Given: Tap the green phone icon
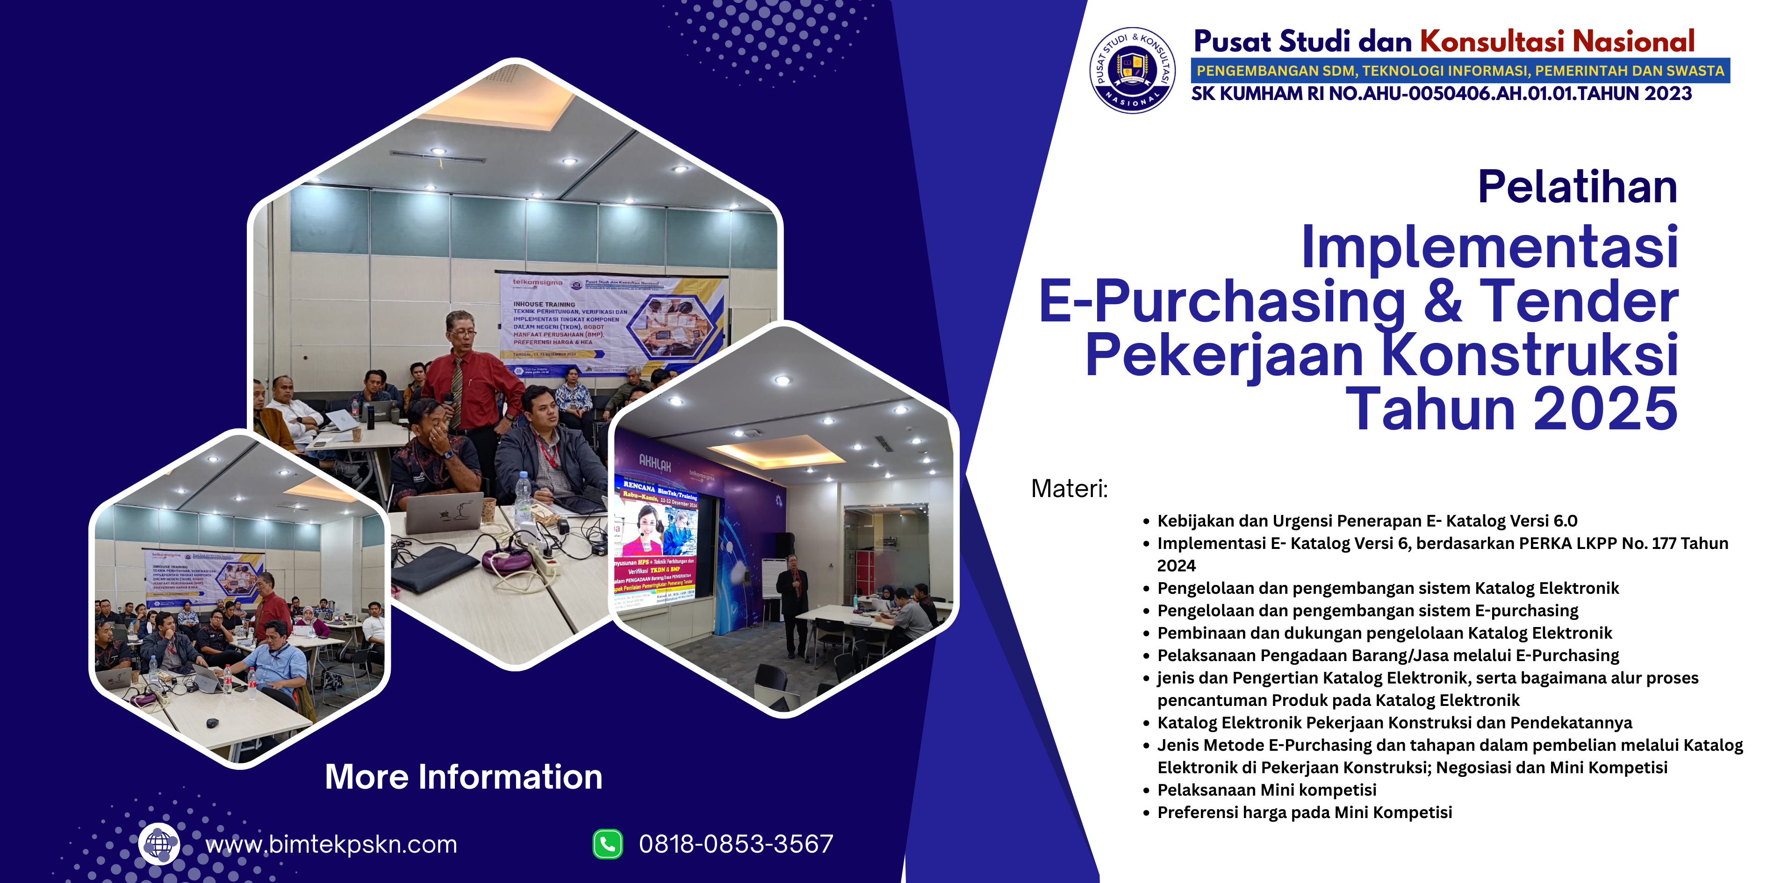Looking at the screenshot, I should (x=608, y=844).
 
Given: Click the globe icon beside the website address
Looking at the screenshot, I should (x=159, y=843).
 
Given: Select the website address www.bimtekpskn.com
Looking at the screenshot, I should (x=331, y=844).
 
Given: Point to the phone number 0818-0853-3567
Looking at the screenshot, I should (x=736, y=844).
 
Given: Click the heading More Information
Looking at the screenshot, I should (x=464, y=777).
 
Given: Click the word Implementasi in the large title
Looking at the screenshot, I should (x=1489, y=247).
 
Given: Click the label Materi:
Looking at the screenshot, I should (x=1070, y=489).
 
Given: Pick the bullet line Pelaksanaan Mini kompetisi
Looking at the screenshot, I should (x=1266, y=790).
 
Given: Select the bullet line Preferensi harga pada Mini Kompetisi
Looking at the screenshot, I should (x=1304, y=812).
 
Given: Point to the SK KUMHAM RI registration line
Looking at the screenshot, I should (x=1441, y=94).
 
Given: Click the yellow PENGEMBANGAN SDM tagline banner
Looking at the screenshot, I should (x=1460, y=71).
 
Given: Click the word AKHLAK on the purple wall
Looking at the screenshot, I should (x=654, y=463).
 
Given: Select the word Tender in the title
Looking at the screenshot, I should (x=1579, y=302).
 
